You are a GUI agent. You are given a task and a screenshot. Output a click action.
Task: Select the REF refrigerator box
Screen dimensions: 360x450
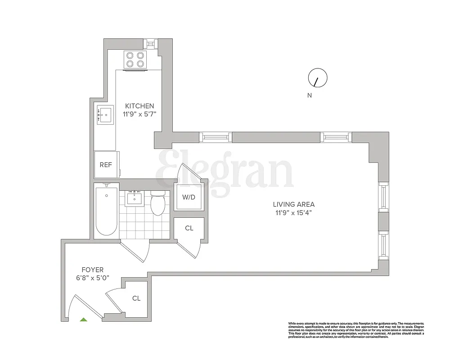pyautogui.click(x=106, y=165)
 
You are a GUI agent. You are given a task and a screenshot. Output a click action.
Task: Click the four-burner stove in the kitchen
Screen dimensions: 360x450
pyautogui.click(x=135, y=60)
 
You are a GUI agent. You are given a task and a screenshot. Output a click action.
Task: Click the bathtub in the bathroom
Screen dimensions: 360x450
pyautogui.click(x=107, y=211)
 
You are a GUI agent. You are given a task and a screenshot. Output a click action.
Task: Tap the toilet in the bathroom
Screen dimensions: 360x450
pyautogui.click(x=158, y=204)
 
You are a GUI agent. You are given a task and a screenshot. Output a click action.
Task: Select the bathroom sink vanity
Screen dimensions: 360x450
pyautogui.click(x=135, y=198)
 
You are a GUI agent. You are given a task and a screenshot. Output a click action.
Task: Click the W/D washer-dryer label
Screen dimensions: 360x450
pyautogui.click(x=189, y=197)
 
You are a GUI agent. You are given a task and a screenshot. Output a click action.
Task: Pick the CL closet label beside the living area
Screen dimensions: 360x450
pyautogui.click(x=189, y=228)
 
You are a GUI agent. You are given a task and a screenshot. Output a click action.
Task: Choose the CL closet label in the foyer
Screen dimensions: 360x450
pyautogui.click(x=136, y=298)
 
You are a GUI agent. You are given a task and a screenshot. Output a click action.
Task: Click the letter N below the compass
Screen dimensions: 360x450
pyautogui.click(x=310, y=95)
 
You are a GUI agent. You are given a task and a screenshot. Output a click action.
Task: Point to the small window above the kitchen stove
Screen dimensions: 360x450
pyautogui.click(x=150, y=43)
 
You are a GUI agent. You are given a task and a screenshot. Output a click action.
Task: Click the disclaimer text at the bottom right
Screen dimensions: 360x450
pyautogui.click(x=356, y=331)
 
